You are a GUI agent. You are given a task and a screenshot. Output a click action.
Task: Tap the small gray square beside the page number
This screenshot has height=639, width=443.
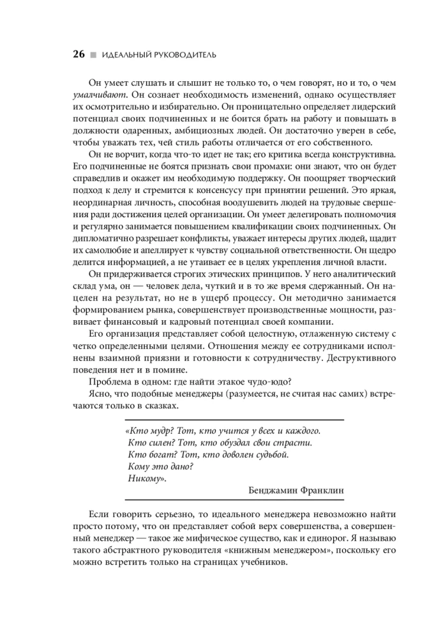(93, 56)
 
